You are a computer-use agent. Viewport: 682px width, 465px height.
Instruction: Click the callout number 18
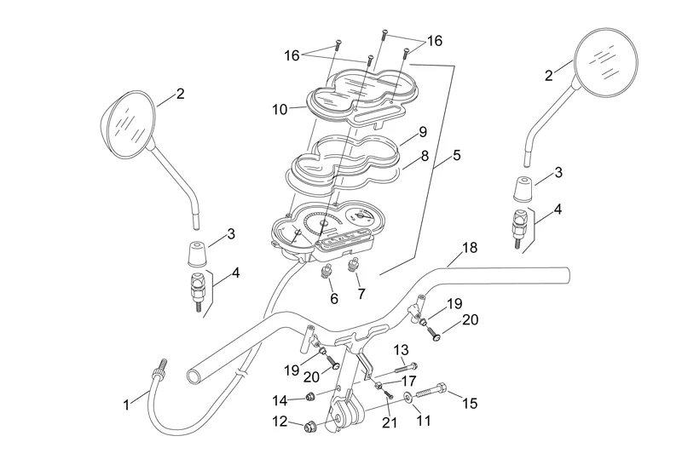469,248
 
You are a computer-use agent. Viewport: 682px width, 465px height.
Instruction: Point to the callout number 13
402,349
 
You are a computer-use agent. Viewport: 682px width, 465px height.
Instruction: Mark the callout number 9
422,133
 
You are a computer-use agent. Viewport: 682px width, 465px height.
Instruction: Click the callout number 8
424,157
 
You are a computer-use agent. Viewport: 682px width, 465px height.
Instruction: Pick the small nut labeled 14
311,397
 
